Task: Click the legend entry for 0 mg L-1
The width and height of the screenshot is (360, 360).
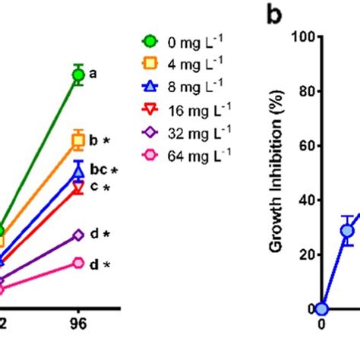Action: click(182, 41)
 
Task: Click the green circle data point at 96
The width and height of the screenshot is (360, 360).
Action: click(78, 74)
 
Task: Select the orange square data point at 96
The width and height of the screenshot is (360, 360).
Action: click(78, 139)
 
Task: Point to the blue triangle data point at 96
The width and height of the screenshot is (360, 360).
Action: click(78, 172)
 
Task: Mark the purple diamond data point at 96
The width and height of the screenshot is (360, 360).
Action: click(78, 235)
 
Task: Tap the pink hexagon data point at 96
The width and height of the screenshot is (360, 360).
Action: click(78, 263)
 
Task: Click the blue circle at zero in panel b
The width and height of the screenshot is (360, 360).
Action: click(321, 308)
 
